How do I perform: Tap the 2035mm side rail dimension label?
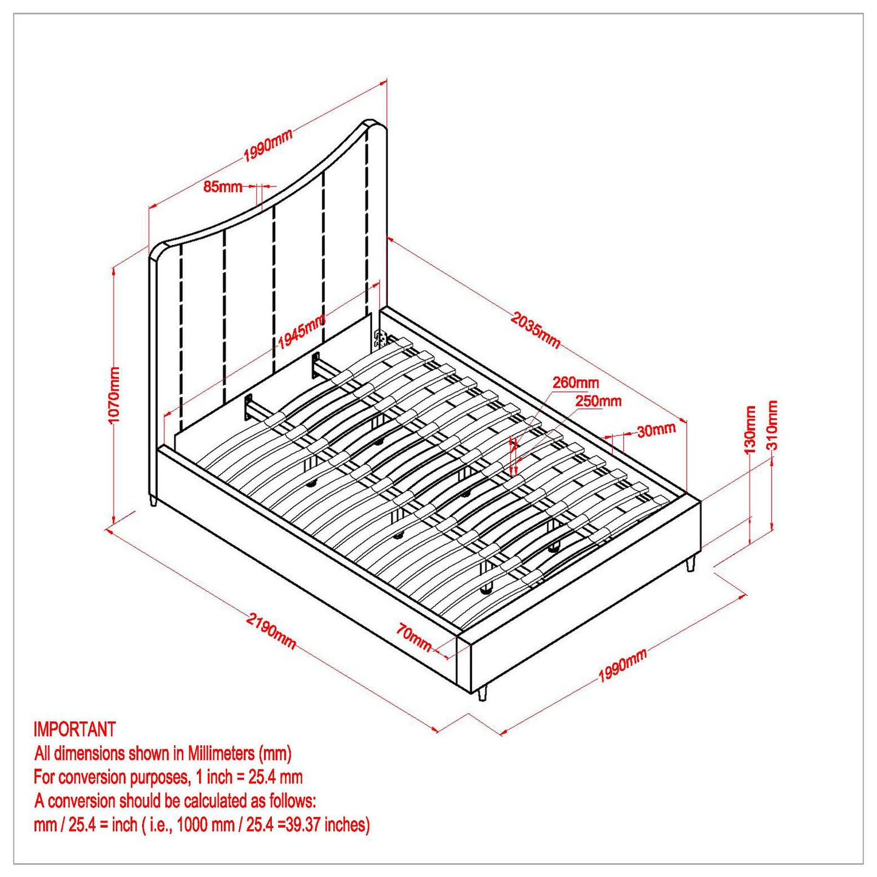pos(535,330)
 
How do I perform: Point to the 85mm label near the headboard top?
pos(223,186)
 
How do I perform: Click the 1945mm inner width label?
pos(302,332)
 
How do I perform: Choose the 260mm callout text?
pos(575,382)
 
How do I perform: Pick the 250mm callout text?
pos(598,401)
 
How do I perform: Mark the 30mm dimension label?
pos(656,430)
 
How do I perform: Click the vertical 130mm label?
pos(750,430)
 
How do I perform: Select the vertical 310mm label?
pos(772,424)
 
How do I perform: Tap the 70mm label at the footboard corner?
pos(414,638)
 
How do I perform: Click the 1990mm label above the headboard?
pos(268,146)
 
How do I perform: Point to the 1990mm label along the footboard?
pos(623,665)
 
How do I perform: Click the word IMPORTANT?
pos(75,729)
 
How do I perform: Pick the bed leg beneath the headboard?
pos(153,501)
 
